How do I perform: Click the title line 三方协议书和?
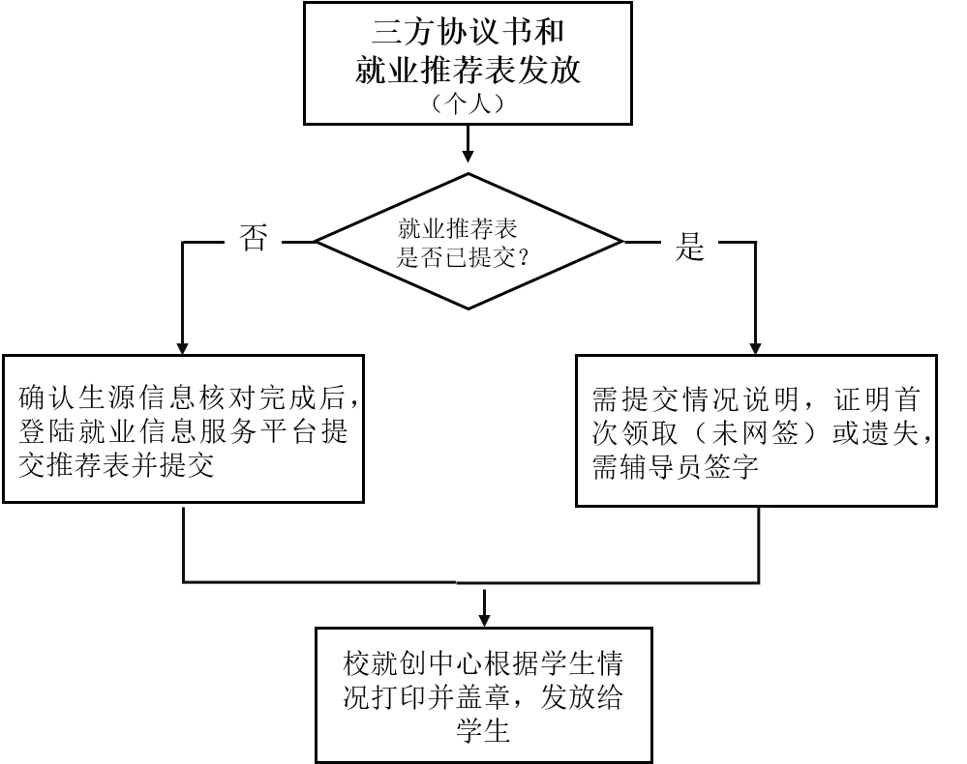pos(468,33)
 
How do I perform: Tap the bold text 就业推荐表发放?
pos(468,70)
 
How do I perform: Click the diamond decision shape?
pos(468,242)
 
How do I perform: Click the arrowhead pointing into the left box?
pos(184,347)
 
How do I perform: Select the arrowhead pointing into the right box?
pos(758,347)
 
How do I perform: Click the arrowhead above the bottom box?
pos(483,618)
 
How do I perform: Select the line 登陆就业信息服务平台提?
pos(184,431)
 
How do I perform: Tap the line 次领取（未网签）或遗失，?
pos(763,433)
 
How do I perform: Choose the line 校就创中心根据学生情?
pos(482,665)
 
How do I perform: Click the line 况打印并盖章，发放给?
pos(482,698)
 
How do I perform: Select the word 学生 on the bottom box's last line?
pos(482,731)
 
